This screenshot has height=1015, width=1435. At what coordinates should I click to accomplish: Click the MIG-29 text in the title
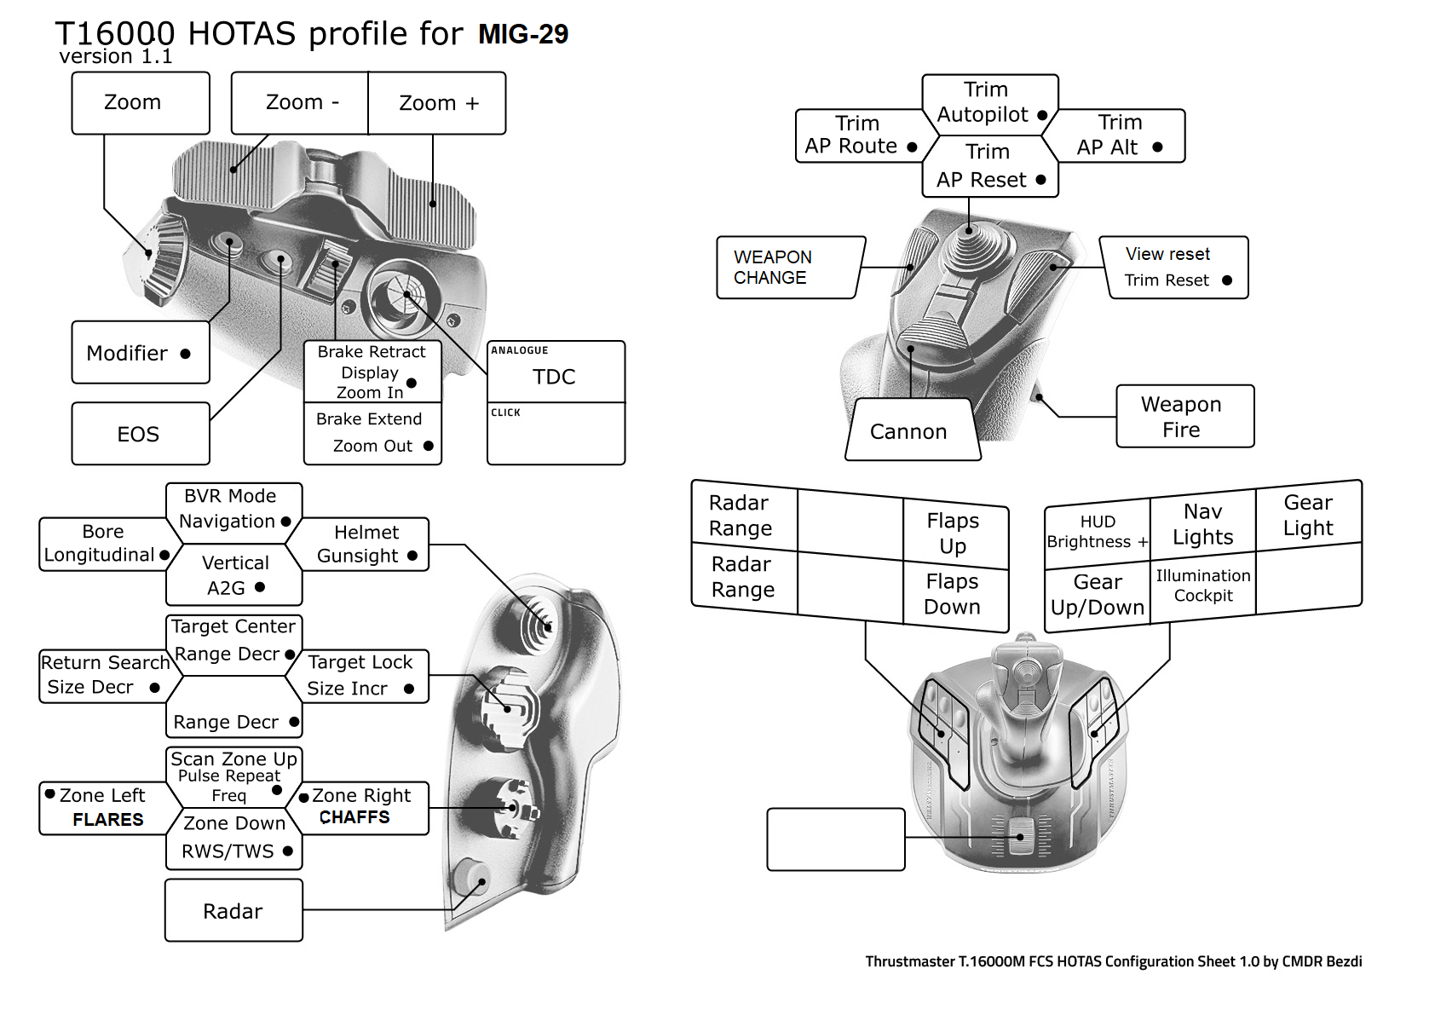coord(522,34)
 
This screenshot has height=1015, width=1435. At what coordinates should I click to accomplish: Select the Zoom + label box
coord(438,103)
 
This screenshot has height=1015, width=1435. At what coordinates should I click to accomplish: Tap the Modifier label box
coord(140,353)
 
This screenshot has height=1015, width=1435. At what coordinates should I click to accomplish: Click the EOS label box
coord(140,434)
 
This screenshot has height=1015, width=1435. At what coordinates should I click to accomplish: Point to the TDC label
coord(554,377)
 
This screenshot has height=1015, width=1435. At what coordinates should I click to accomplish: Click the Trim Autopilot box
coord(988,103)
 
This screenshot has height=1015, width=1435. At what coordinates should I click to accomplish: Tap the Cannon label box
coord(909,431)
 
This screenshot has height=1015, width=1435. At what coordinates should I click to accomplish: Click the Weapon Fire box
coord(1184,417)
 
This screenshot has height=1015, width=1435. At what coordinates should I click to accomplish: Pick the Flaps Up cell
coord(954,533)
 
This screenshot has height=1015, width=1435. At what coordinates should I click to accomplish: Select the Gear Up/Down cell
coord(1097,595)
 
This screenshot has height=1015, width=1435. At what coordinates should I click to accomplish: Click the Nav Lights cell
coord(1202,525)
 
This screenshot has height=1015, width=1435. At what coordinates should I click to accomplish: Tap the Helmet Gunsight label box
coord(365,545)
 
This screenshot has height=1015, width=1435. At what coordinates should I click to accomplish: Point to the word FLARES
coord(107,820)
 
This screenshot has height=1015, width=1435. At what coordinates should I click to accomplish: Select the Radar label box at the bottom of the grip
coord(233,911)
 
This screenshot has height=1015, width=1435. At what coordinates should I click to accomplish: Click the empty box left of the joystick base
coord(835,839)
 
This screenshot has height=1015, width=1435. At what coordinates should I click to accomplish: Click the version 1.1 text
coord(116,57)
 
